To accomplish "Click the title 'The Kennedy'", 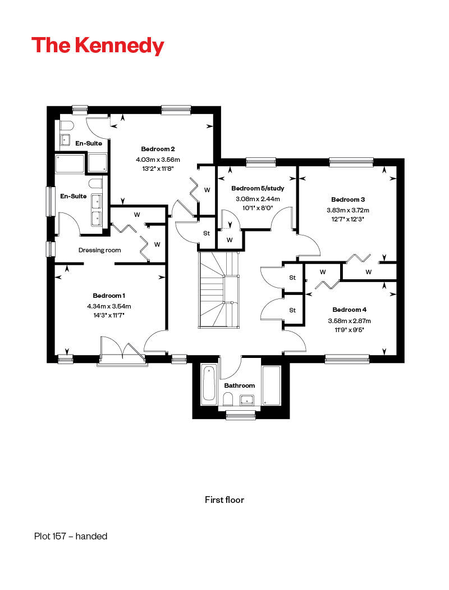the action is pyautogui.click(x=98, y=46).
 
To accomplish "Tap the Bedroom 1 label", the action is pyautogui.click(x=109, y=296).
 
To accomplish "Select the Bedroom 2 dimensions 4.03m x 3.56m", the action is pyautogui.click(x=158, y=160).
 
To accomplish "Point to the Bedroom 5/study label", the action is pyautogui.click(x=258, y=188).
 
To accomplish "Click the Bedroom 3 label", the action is pyautogui.click(x=348, y=199).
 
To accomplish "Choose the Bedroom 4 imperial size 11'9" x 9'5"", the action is pyautogui.click(x=350, y=330).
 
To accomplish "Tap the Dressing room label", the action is pyautogui.click(x=99, y=250).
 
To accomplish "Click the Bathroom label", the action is pyautogui.click(x=239, y=385).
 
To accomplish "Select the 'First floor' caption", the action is pyautogui.click(x=224, y=500).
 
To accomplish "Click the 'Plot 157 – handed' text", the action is pyautogui.click(x=71, y=536).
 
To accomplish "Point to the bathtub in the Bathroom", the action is pyautogui.click(x=209, y=384).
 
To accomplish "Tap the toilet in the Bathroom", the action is pyautogui.click(x=228, y=399).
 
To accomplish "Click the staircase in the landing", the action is pyautogui.click(x=219, y=290).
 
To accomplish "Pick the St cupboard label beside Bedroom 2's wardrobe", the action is pyautogui.click(x=207, y=233).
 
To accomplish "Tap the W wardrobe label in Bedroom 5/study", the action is pyautogui.click(x=230, y=240).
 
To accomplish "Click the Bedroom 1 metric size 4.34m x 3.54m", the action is pyautogui.click(x=109, y=306).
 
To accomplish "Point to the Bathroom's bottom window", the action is pyautogui.click(x=240, y=415).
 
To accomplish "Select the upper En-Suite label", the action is pyautogui.click(x=89, y=143).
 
